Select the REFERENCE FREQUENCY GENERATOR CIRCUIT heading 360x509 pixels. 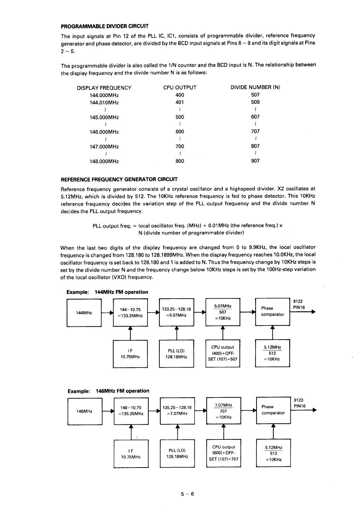[119, 180]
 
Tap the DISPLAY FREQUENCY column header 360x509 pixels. [104, 88]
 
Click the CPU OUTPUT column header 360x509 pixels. [180, 88]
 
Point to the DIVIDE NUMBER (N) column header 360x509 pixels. [255, 87]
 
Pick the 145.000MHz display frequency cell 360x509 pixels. [104, 117]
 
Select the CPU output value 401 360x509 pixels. [180, 102]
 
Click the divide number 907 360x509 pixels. [255, 161]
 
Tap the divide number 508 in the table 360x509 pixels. [255, 102]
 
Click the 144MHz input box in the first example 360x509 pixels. [84, 313]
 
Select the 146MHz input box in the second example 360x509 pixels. [85, 411]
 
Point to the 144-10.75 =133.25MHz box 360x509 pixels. [130, 313]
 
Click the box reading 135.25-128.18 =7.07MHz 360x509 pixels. [177, 411]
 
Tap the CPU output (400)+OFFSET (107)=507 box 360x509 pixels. [223, 353]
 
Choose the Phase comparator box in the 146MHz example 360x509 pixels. [273, 410]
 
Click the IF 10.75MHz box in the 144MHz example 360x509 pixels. [130, 354]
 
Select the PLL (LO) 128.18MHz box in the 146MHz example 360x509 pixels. [177, 453]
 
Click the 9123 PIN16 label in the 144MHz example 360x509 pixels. [299, 304]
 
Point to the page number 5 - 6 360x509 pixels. [187, 494]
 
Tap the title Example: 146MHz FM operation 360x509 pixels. [108, 391]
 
